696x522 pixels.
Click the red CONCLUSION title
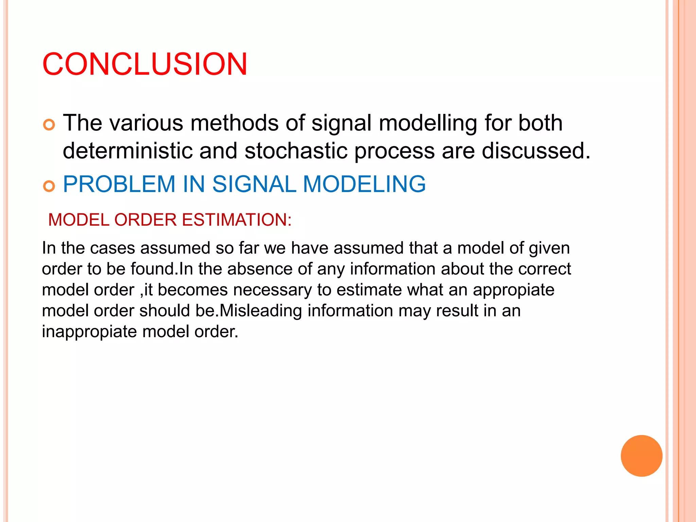click(x=145, y=64)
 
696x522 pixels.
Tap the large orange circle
click(x=641, y=456)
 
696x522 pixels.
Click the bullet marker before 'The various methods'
click(x=49, y=125)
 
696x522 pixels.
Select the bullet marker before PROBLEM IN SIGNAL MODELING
click(x=49, y=186)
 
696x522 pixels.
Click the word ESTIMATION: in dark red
click(x=237, y=220)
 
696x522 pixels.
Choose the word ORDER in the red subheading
click(x=145, y=220)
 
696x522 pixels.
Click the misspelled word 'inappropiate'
click(x=89, y=332)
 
